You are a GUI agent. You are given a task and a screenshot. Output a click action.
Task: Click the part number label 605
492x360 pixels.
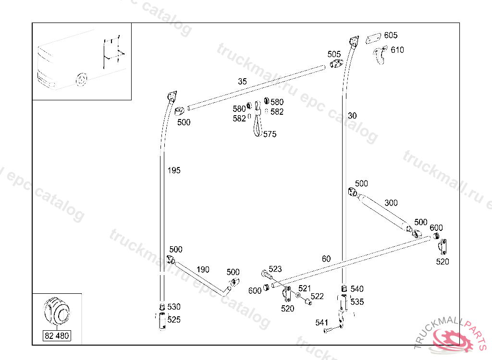(x=391, y=36)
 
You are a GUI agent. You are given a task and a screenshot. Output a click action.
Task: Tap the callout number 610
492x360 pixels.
(x=397, y=50)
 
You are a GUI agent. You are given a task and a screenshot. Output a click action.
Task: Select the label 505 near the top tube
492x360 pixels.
(x=334, y=54)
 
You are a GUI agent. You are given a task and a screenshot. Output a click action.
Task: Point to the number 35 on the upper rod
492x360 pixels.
(x=242, y=82)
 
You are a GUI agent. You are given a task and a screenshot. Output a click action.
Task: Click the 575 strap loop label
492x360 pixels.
(x=270, y=134)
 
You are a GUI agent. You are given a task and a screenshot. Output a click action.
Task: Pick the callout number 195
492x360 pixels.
(x=174, y=170)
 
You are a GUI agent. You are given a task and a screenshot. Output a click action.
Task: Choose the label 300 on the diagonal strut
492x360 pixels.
(x=391, y=203)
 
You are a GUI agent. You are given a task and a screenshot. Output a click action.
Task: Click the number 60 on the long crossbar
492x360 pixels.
(x=326, y=259)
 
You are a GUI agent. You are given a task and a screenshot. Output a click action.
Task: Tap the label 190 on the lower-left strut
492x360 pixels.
(x=203, y=269)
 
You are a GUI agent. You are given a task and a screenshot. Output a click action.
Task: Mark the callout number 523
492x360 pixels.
(x=275, y=269)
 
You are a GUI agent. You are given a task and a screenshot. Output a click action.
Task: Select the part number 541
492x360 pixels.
(x=321, y=323)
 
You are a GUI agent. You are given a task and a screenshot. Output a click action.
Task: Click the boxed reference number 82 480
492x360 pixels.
(x=57, y=336)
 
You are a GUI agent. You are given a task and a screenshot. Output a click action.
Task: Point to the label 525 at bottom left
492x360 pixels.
(x=174, y=320)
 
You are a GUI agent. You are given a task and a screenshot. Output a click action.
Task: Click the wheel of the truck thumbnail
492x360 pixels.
(x=82, y=80)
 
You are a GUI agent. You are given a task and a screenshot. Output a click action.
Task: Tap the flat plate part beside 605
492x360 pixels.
(x=373, y=38)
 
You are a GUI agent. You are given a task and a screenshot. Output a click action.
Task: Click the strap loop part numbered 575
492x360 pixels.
(x=258, y=119)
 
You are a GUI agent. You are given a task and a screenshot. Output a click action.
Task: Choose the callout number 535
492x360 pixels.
(x=357, y=301)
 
